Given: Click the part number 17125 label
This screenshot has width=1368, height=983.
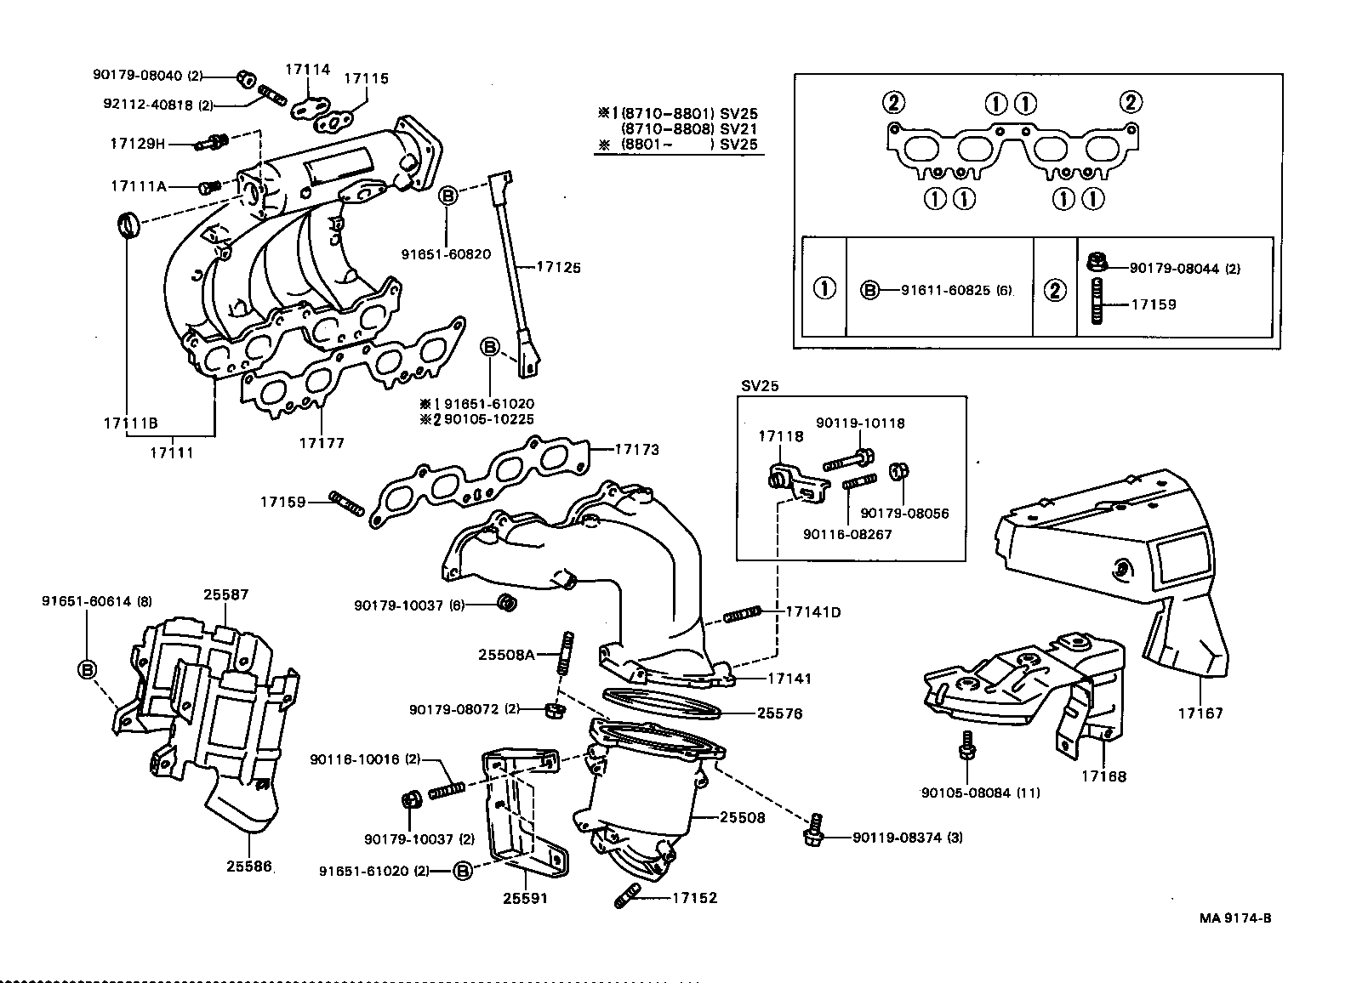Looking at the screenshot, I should coord(558,267).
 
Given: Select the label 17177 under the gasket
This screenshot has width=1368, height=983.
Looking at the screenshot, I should coord(322,442).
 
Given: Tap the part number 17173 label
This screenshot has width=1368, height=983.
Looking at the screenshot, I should coord(636,449).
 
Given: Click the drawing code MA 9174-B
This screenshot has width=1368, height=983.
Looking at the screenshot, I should coord(1235,918).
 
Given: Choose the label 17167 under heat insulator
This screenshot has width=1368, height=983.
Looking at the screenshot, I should coord(1200,713).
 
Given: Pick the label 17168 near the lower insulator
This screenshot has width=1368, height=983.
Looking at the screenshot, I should coord(1104,776).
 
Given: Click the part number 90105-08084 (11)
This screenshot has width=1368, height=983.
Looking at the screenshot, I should coord(981,793).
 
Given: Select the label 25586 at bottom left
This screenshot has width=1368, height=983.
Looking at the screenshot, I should coord(249,867).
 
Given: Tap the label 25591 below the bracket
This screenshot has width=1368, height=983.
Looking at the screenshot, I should coord(525,898).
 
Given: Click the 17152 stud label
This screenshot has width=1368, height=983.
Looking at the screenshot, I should coord(694,898).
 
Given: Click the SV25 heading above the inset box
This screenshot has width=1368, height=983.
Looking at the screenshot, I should coord(761,384).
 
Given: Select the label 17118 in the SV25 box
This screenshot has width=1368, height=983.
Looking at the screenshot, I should coord(781,436).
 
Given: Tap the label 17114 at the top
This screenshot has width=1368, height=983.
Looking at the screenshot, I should coord(307,71).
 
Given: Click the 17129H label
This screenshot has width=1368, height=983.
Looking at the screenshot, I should coord(137,144).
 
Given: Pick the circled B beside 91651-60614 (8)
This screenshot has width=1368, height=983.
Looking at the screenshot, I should coord(88,669).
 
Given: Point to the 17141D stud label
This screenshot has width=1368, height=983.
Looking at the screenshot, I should coord(812,611).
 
